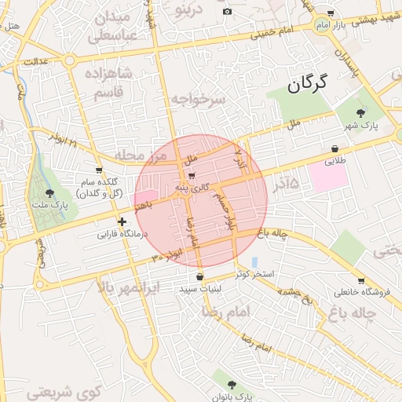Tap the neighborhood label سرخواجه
(x=198, y=100)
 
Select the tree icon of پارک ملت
(x=50, y=192)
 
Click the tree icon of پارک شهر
(x=361, y=113)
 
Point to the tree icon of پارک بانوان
(x=231, y=385)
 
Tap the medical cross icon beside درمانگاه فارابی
(x=122, y=222)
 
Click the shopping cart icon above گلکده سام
(x=98, y=170)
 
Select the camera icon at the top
(x=228, y=11)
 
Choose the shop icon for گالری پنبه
(x=192, y=176)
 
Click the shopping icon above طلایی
(x=335, y=148)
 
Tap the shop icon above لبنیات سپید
(x=200, y=276)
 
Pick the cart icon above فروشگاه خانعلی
(x=360, y=280)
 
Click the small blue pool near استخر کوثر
(x=254, y=261)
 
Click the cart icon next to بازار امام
(x=330, y=13)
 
